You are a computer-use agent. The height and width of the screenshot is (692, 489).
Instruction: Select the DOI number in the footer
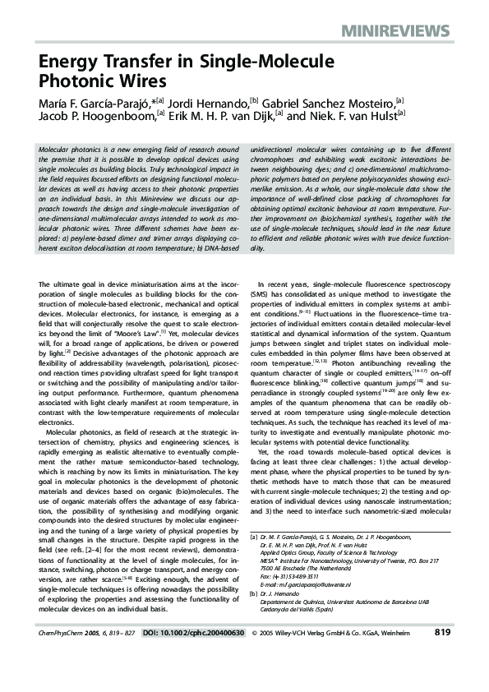[205, 656]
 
